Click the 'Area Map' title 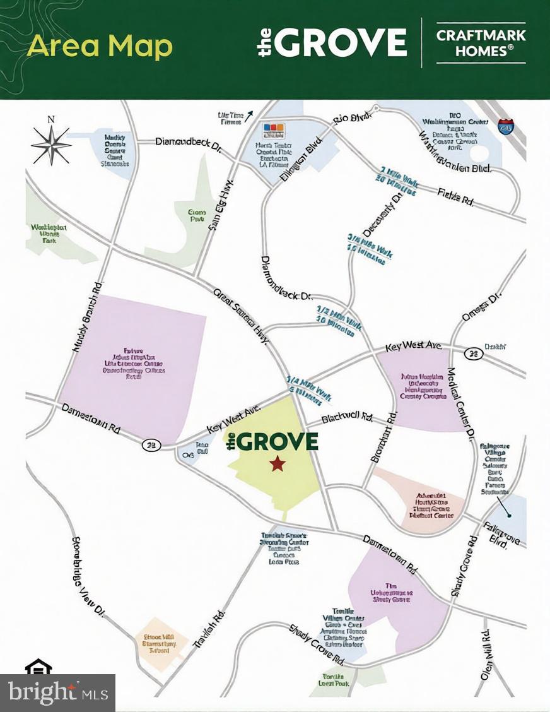[x=100, y=47]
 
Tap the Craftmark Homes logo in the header [x=481, y=42]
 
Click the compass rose [x=52, y=143]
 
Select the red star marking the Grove [x=277, y=465]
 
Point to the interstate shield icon [x=505, y=125]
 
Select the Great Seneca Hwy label [x=242, y=316]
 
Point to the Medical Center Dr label [x=461, y=404]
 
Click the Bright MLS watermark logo [x=57, y=693]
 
